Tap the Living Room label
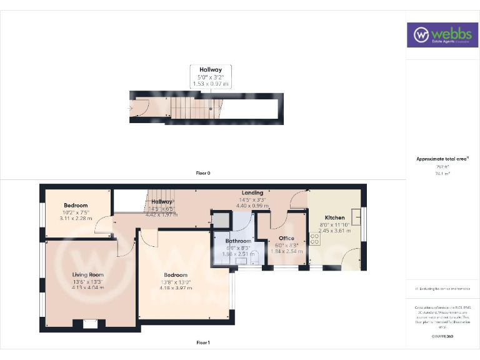point(87,274)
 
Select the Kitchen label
point(334,217)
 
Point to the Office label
point(286,238)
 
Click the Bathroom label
point(238,241)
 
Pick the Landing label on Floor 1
point(252,192)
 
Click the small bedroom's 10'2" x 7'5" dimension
point(76,212)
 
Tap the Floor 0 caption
point(202,172)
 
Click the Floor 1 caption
point(202,342)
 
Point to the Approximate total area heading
point(442,159)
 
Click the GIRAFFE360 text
point(442,336)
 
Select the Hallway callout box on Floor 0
point(211,76)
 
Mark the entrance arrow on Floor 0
point(130,107)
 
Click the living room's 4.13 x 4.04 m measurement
point(87,287)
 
